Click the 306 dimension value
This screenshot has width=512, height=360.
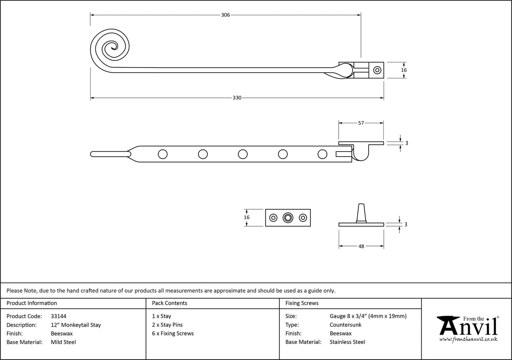tap(225, 15)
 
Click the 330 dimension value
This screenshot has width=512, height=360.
tap(237, 98)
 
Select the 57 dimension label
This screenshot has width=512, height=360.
tap(361, 123)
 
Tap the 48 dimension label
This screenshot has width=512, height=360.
tap(361, 246)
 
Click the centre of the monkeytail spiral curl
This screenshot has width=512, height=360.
tap(112, 47)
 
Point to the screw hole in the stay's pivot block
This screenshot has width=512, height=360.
tap(377, 70)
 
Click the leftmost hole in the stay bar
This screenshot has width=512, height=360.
tap(162, 154)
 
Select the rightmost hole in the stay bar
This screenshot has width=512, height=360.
tap(322, 154)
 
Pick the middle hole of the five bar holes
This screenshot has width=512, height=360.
tap(243, 154)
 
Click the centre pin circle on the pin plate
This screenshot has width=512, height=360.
tap(288, 217)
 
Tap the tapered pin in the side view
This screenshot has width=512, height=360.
tap(361, 212)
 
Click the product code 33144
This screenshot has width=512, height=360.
tap(58, 316)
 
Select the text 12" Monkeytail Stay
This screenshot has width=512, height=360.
tap(75, 325)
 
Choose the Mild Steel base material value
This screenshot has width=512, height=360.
tap(63, 342)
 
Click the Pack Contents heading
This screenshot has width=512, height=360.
tap(170, 303)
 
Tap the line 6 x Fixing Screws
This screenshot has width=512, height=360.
tap(173, 333)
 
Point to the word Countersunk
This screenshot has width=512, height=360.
tap(345, 325)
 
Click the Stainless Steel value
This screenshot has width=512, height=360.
tap(348, 342)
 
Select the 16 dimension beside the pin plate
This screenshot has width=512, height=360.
tap(247, 217)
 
